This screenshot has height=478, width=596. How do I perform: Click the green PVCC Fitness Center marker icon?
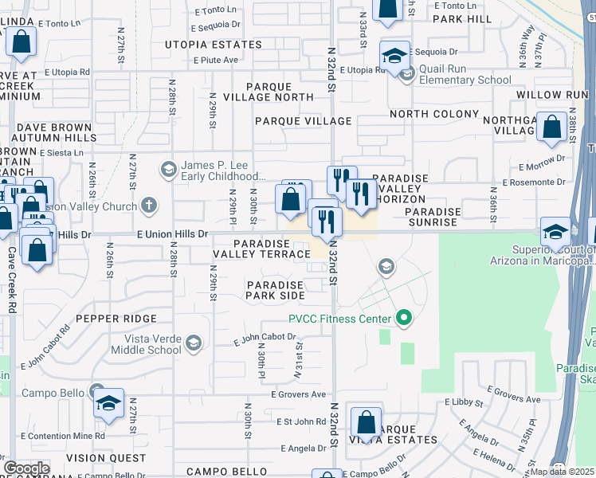(x=403, y=319)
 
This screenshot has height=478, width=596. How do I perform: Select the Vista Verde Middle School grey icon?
(x=193, y=343)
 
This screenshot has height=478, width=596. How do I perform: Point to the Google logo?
(x=26, y=468)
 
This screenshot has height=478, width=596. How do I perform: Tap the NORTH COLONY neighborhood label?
(x=434, y=114)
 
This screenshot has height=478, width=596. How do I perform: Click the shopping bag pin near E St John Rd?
(x=366, y=421)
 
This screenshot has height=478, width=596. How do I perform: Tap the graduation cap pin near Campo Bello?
(x=108, y=404)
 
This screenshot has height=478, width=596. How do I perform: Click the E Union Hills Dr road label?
(x=172, y=234)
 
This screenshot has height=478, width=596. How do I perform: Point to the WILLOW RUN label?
(x=551, y=94)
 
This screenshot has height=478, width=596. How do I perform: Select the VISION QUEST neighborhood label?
(x=106, y=458)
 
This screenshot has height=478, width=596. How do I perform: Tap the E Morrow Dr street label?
(x=542, y=167)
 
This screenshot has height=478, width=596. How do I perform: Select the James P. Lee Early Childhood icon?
(x=168, y=169)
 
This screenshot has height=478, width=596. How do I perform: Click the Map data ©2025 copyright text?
(x=562, y=472)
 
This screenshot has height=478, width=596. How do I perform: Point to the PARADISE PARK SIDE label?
(x=275, y=290)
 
